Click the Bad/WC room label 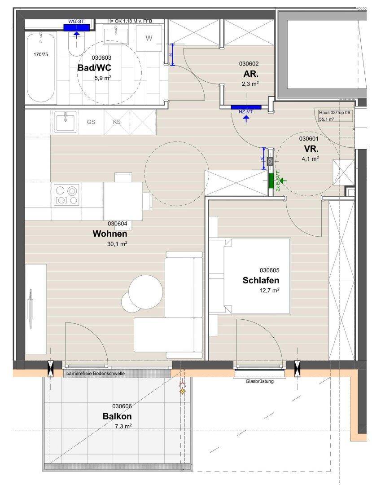[x=94, y=68]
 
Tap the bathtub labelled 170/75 [x=41, y=68]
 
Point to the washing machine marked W [x=149, y=38]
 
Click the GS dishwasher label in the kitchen [x=91, y=122]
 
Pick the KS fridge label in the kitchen [x=117, y=122]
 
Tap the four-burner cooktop [x=66, y=194]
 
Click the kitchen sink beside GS [x=66, y=122]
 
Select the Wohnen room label [x=110, y=234]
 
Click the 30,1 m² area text [x=117, y=244]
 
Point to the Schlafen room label [x=261, y=280]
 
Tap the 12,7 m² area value [x=269, y=290]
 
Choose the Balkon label [x=117, y=416]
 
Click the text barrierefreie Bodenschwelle [x=96, y=373]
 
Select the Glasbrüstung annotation [x=259, y=381]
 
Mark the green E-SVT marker [x=271, y=181]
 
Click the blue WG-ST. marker [x=76, y=27]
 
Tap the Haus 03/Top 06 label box [x=334, y=115]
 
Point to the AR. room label [x=251, y=74]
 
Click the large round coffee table [x=146, y=292]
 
